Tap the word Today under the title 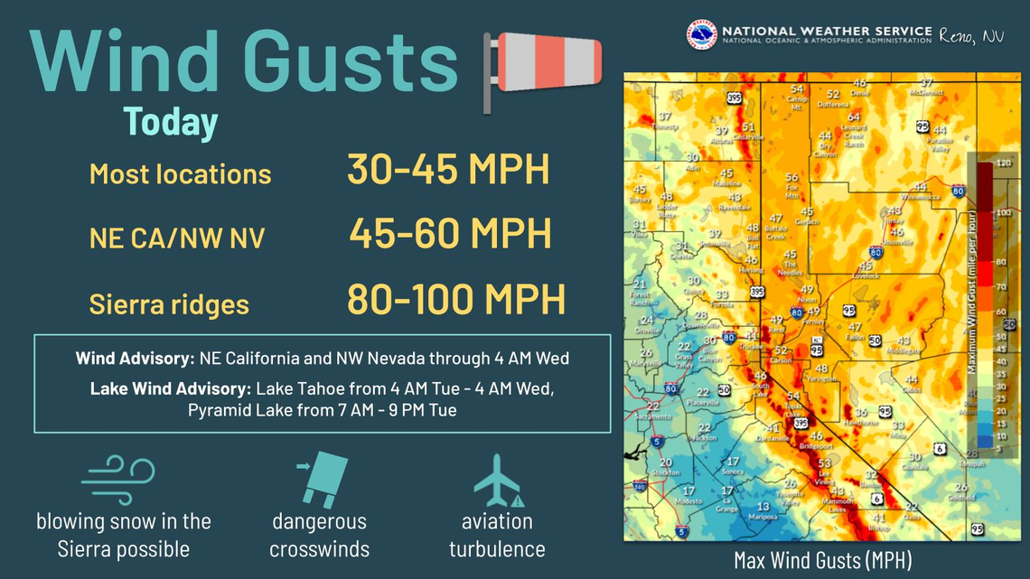171,122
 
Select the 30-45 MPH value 448,170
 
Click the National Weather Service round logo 701,35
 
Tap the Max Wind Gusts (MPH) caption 822,560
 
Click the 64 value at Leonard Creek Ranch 853,117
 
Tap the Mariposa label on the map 763,518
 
